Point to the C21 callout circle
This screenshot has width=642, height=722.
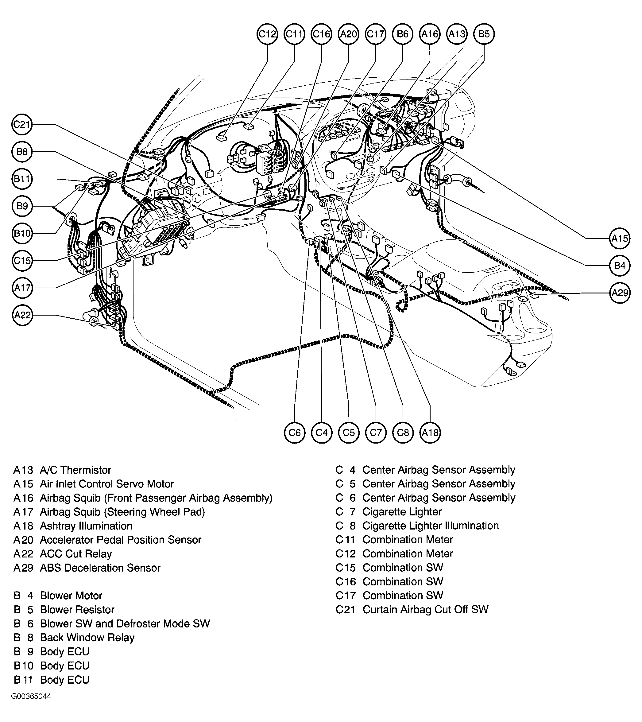pyautogui.click(x=22, y=124)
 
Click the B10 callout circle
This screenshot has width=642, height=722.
pyautogui.click(x=22, y=233)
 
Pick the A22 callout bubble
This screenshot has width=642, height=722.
pyautogui.click(x=22, y=315)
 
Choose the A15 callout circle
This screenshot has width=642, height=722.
pyautogui.click(x=620, y=239)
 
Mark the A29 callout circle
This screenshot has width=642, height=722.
pyautogui.click(x=620, y=293)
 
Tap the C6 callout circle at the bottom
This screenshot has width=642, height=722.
pyautogui.click(x=295, y=433)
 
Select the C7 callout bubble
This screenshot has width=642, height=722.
pyautogui.click(x=376, y=433)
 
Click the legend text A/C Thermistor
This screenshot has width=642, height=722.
pyautogui.click(x=75, y=470)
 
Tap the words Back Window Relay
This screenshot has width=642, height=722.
pyautogui.click(x=87, y=638)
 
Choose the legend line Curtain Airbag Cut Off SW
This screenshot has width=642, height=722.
pyautogui.click(x=425, y=610)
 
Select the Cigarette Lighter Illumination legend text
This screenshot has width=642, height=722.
pyautogui.click(x=431, y=526)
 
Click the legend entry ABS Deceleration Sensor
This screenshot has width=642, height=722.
pyautogui.click(x=100, y=568)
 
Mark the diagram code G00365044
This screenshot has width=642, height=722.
pyautogui.click(x=31, y=696)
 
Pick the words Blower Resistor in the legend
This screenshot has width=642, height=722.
pyautogui.click(x=77, y=610)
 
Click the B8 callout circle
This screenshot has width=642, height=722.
pyautogui.click(x=22, y=152)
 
